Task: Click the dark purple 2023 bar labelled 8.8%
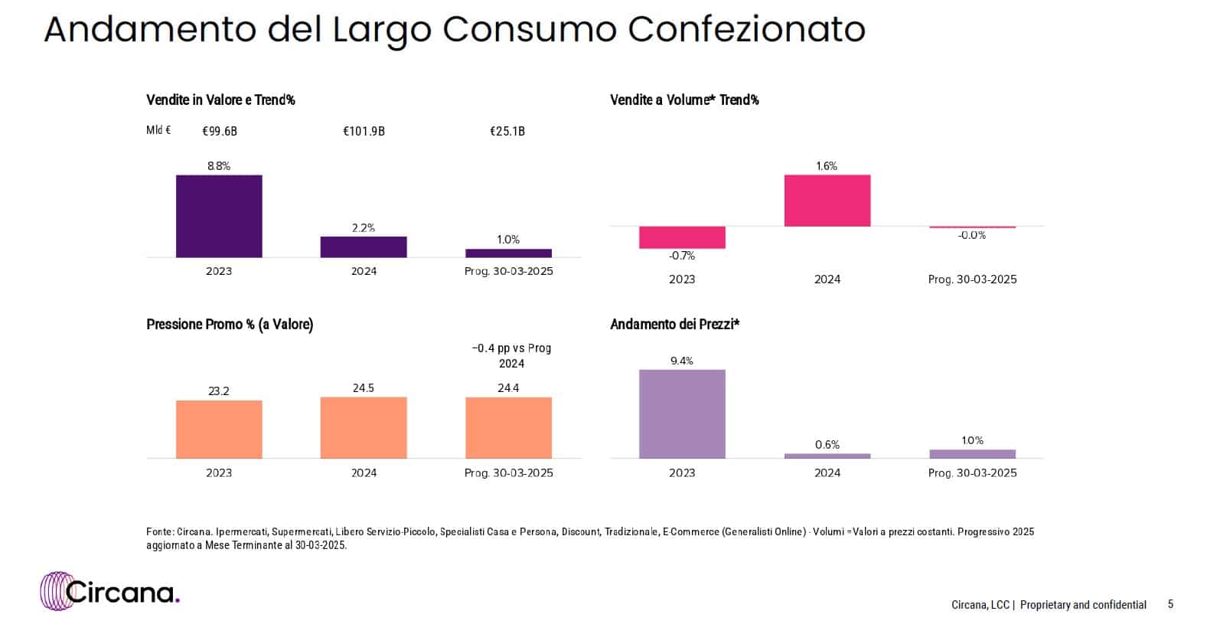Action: (219, 216)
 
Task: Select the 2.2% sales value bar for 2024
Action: (364, 247)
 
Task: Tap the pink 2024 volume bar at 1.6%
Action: (827, 201)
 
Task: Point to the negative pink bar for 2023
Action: (682, 237)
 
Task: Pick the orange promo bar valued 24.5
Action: (364, 427)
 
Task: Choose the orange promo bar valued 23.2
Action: (219, 429)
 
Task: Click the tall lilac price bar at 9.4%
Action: (682, 413)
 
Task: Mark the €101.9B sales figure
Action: (364, 132)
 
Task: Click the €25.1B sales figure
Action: (507, 132)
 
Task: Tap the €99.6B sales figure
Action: (220, 132)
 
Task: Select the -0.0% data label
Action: (972, 236)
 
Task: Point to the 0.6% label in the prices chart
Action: (827, 445)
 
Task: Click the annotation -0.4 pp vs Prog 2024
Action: (511, 356)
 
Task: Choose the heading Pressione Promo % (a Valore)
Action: (230, 325)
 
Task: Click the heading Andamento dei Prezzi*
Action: (674, 325)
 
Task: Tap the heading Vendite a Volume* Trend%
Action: (684, 100)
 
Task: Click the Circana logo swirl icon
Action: (55, 591)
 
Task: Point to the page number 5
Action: (1170, 605)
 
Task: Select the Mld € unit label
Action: (158, 131)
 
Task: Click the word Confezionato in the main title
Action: (746, 31)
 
